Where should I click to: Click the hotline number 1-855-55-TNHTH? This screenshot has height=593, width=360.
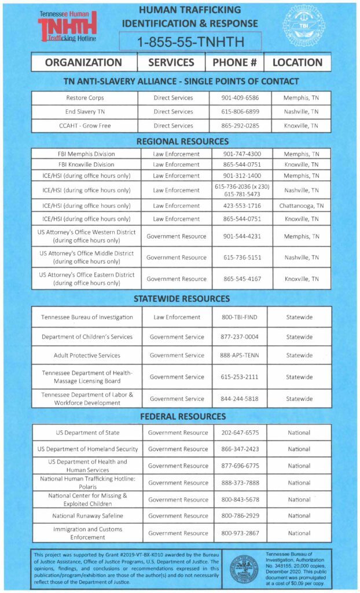pyautogui.click(x=190, y=42)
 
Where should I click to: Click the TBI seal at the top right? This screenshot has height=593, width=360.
pyautogui.click(x=303, y=25)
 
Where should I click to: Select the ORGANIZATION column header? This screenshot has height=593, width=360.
pyautogui.click(x=83, y=63)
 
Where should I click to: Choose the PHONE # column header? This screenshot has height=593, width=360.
pyautogui.click(x=234, y=63)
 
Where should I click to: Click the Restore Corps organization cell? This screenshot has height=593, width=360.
pyautogui.click(x=85, y=98)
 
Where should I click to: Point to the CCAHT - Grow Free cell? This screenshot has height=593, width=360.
pyautogui.click(x=85, y=126)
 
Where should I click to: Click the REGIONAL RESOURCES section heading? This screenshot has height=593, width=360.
pyautogui.click(x=182, y=141)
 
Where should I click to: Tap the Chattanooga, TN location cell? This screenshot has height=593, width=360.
pyautogui.click(x=302, y=206)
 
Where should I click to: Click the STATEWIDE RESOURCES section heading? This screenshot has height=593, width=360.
pyautogui.click(x=182, y=299)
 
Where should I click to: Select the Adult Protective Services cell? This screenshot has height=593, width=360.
pyautogui.click(x=87, y=356)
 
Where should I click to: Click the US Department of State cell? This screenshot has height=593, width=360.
pyautogui.click(x=87, y=433)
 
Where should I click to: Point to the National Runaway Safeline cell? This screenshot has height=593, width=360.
pyautogui.click(x=87, y=516)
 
